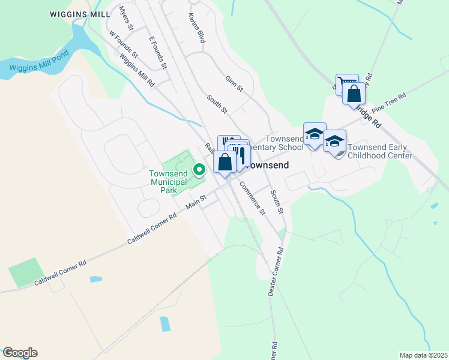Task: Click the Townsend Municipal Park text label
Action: tap(168, 182)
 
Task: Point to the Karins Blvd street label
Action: tap(197, 28)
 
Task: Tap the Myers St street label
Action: tap(125, 19)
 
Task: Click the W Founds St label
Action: tap(123, 44)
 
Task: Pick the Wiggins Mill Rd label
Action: tap(137, 70)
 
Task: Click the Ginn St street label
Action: tap(234, 83)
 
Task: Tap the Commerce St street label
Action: tap(252, 197)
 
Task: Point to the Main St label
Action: tap(196, 202)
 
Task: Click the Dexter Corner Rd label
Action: tap(274, 272)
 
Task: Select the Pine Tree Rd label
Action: tap(389, 103)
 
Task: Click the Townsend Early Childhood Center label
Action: tap(380, 151)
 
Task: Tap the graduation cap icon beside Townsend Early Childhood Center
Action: tap(334, 142)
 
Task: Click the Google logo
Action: tap(20, 353)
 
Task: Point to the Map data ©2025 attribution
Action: tap(423, 355)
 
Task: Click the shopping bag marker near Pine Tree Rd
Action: tap(354, 94)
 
